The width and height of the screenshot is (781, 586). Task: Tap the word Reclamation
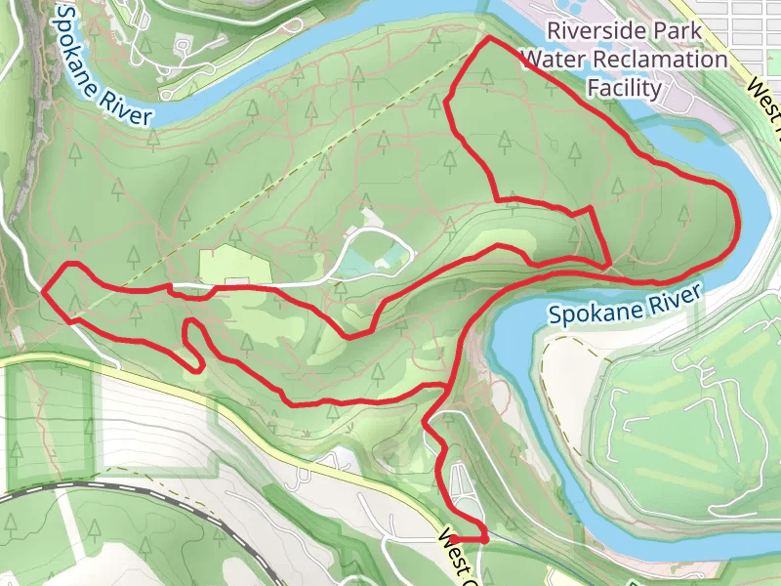tap(665, 60)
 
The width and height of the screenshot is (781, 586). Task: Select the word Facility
tap(625, 88)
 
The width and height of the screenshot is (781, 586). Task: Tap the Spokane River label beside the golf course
tap(625, 305)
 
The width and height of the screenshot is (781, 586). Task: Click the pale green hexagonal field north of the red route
tap(234, 266)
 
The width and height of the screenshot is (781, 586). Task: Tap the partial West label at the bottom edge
tap(457, 552)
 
